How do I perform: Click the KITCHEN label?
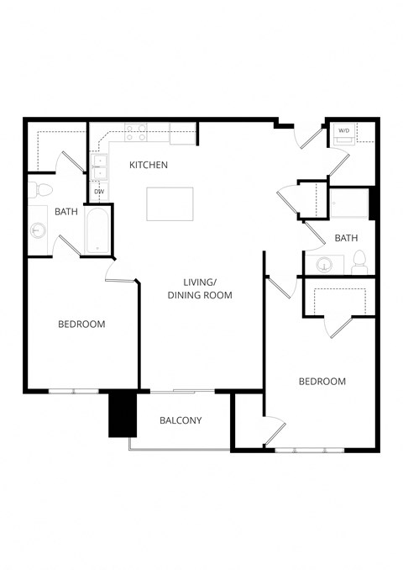pos(149,166)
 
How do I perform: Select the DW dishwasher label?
pos(99,193)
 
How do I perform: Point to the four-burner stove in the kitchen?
pos(136,132)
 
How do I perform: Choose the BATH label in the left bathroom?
pos(66,212)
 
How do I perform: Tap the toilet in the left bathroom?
pos(40,187)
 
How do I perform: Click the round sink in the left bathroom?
pos(38,229)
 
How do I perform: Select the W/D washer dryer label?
pos(344,131)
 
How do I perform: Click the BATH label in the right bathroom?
pos(346,239)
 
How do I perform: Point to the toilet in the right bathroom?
pos(359,261)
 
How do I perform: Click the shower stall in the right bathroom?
pos(348,205)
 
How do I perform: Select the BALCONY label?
pos(181,421)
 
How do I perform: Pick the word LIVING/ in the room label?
pos(199,282)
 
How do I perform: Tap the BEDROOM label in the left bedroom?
pos(81,325)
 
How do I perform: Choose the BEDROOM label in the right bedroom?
pos(322,382)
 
